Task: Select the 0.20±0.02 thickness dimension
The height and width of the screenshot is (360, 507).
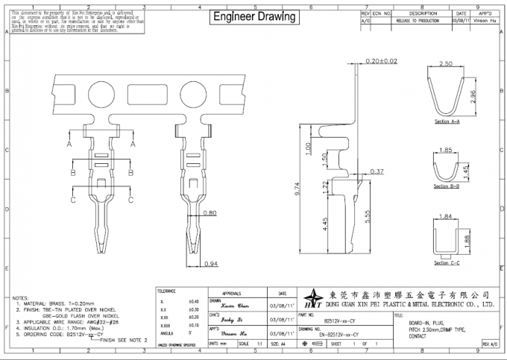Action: [381, 60]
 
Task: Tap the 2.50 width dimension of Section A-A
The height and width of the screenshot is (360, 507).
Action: [446, 65]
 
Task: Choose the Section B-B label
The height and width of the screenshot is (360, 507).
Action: [446, 186]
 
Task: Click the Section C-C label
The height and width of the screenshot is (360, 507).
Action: [446, 262]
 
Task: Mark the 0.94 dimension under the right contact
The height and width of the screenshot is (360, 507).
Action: [210, 264]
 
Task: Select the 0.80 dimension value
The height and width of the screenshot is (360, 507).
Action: [210, 213]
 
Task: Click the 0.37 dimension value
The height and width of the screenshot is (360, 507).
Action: [377, 171]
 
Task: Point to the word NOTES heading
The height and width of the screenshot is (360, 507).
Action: [21, 297]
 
